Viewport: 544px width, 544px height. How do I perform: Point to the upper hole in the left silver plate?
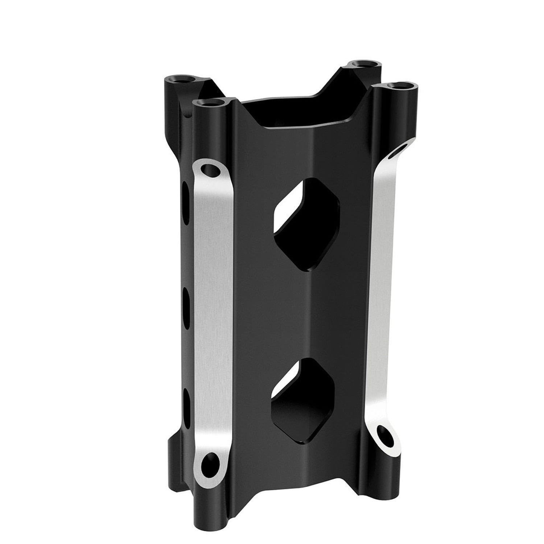point(209,169)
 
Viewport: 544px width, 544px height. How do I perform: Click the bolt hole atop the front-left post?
point(211,103)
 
